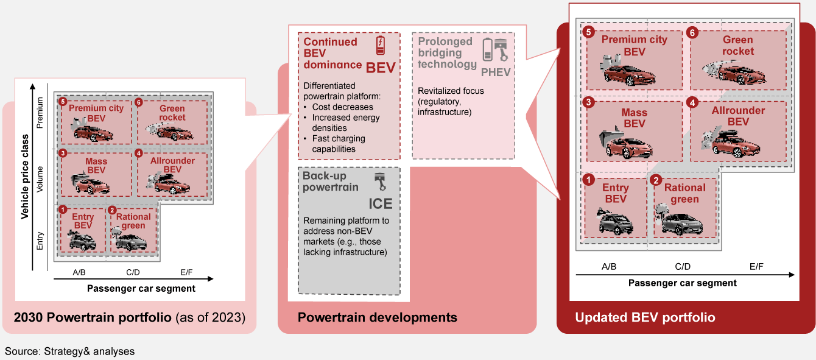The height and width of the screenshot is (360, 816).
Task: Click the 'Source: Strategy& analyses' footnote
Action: point(69,351)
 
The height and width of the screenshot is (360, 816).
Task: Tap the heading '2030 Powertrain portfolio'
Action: point(93,317)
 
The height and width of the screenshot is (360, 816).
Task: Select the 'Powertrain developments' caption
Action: point(378,317)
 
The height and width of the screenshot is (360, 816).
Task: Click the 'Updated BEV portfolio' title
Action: point(645,317)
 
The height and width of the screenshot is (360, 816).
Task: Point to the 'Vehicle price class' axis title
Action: point(25,177)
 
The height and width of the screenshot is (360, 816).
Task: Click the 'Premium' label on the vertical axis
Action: point(40,113)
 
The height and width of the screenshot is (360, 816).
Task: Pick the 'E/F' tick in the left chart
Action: point(186,272)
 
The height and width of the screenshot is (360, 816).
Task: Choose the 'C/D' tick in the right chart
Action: point(683,267)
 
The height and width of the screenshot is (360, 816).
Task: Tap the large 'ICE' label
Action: point(381,203)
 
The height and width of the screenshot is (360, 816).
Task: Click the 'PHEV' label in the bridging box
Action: point(496,72)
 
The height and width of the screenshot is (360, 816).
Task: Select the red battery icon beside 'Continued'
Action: point(381,46)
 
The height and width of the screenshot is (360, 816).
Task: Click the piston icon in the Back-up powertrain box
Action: point(381,182)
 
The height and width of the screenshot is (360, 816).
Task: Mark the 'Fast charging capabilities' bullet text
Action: point(339,144)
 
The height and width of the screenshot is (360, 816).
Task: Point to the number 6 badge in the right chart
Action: point(692,33)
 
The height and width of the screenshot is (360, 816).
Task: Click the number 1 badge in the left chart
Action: point(63,210)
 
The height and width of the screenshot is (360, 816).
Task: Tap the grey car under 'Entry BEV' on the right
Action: point(616,223)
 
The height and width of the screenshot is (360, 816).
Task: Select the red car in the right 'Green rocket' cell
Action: point(742,76)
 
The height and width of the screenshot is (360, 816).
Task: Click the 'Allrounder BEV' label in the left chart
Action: point(172,165)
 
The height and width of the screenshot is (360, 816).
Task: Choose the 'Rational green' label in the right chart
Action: point(685,194)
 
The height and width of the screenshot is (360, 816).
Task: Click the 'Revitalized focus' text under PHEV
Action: point(451,91)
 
